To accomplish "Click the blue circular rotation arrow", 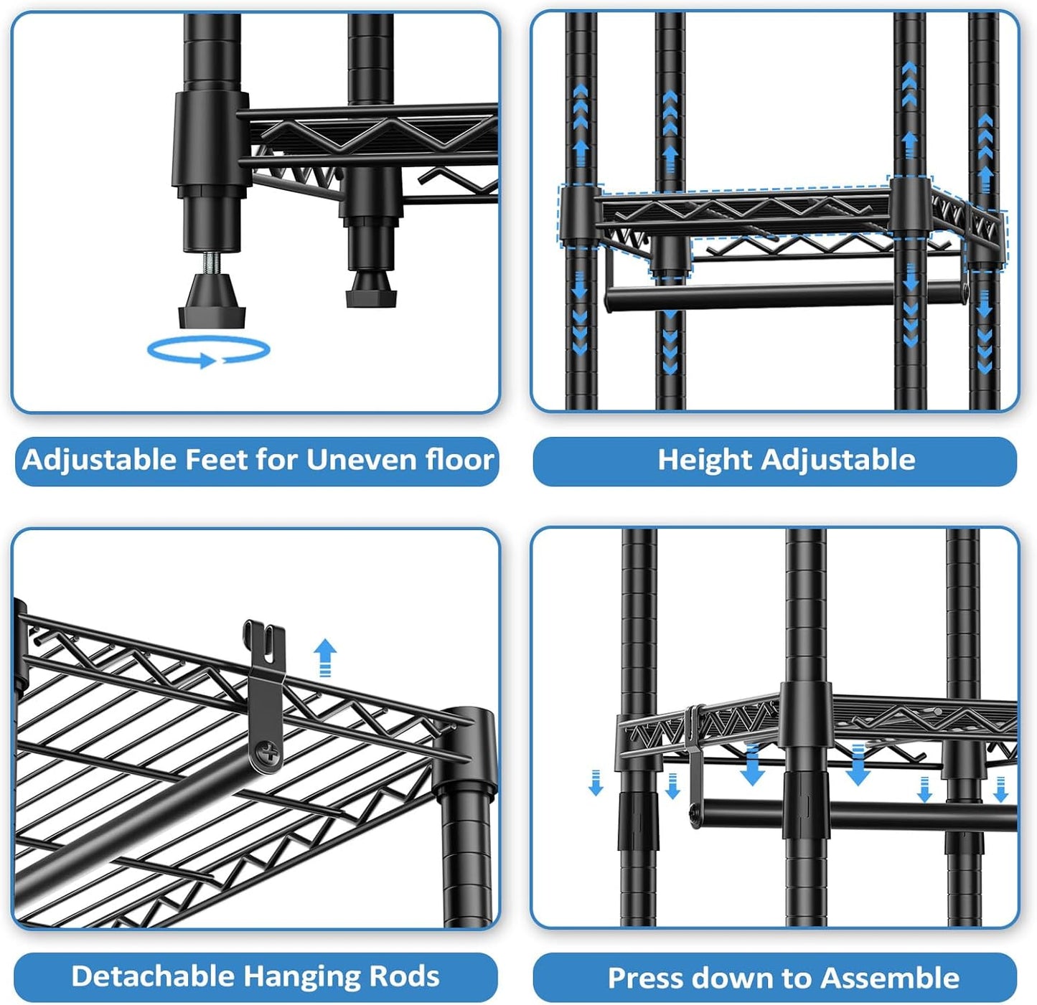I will point(208,351).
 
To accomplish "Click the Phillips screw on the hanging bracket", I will point(268,753).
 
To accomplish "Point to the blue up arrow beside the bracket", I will point(325,656).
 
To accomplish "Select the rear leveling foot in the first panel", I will point(371,291).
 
